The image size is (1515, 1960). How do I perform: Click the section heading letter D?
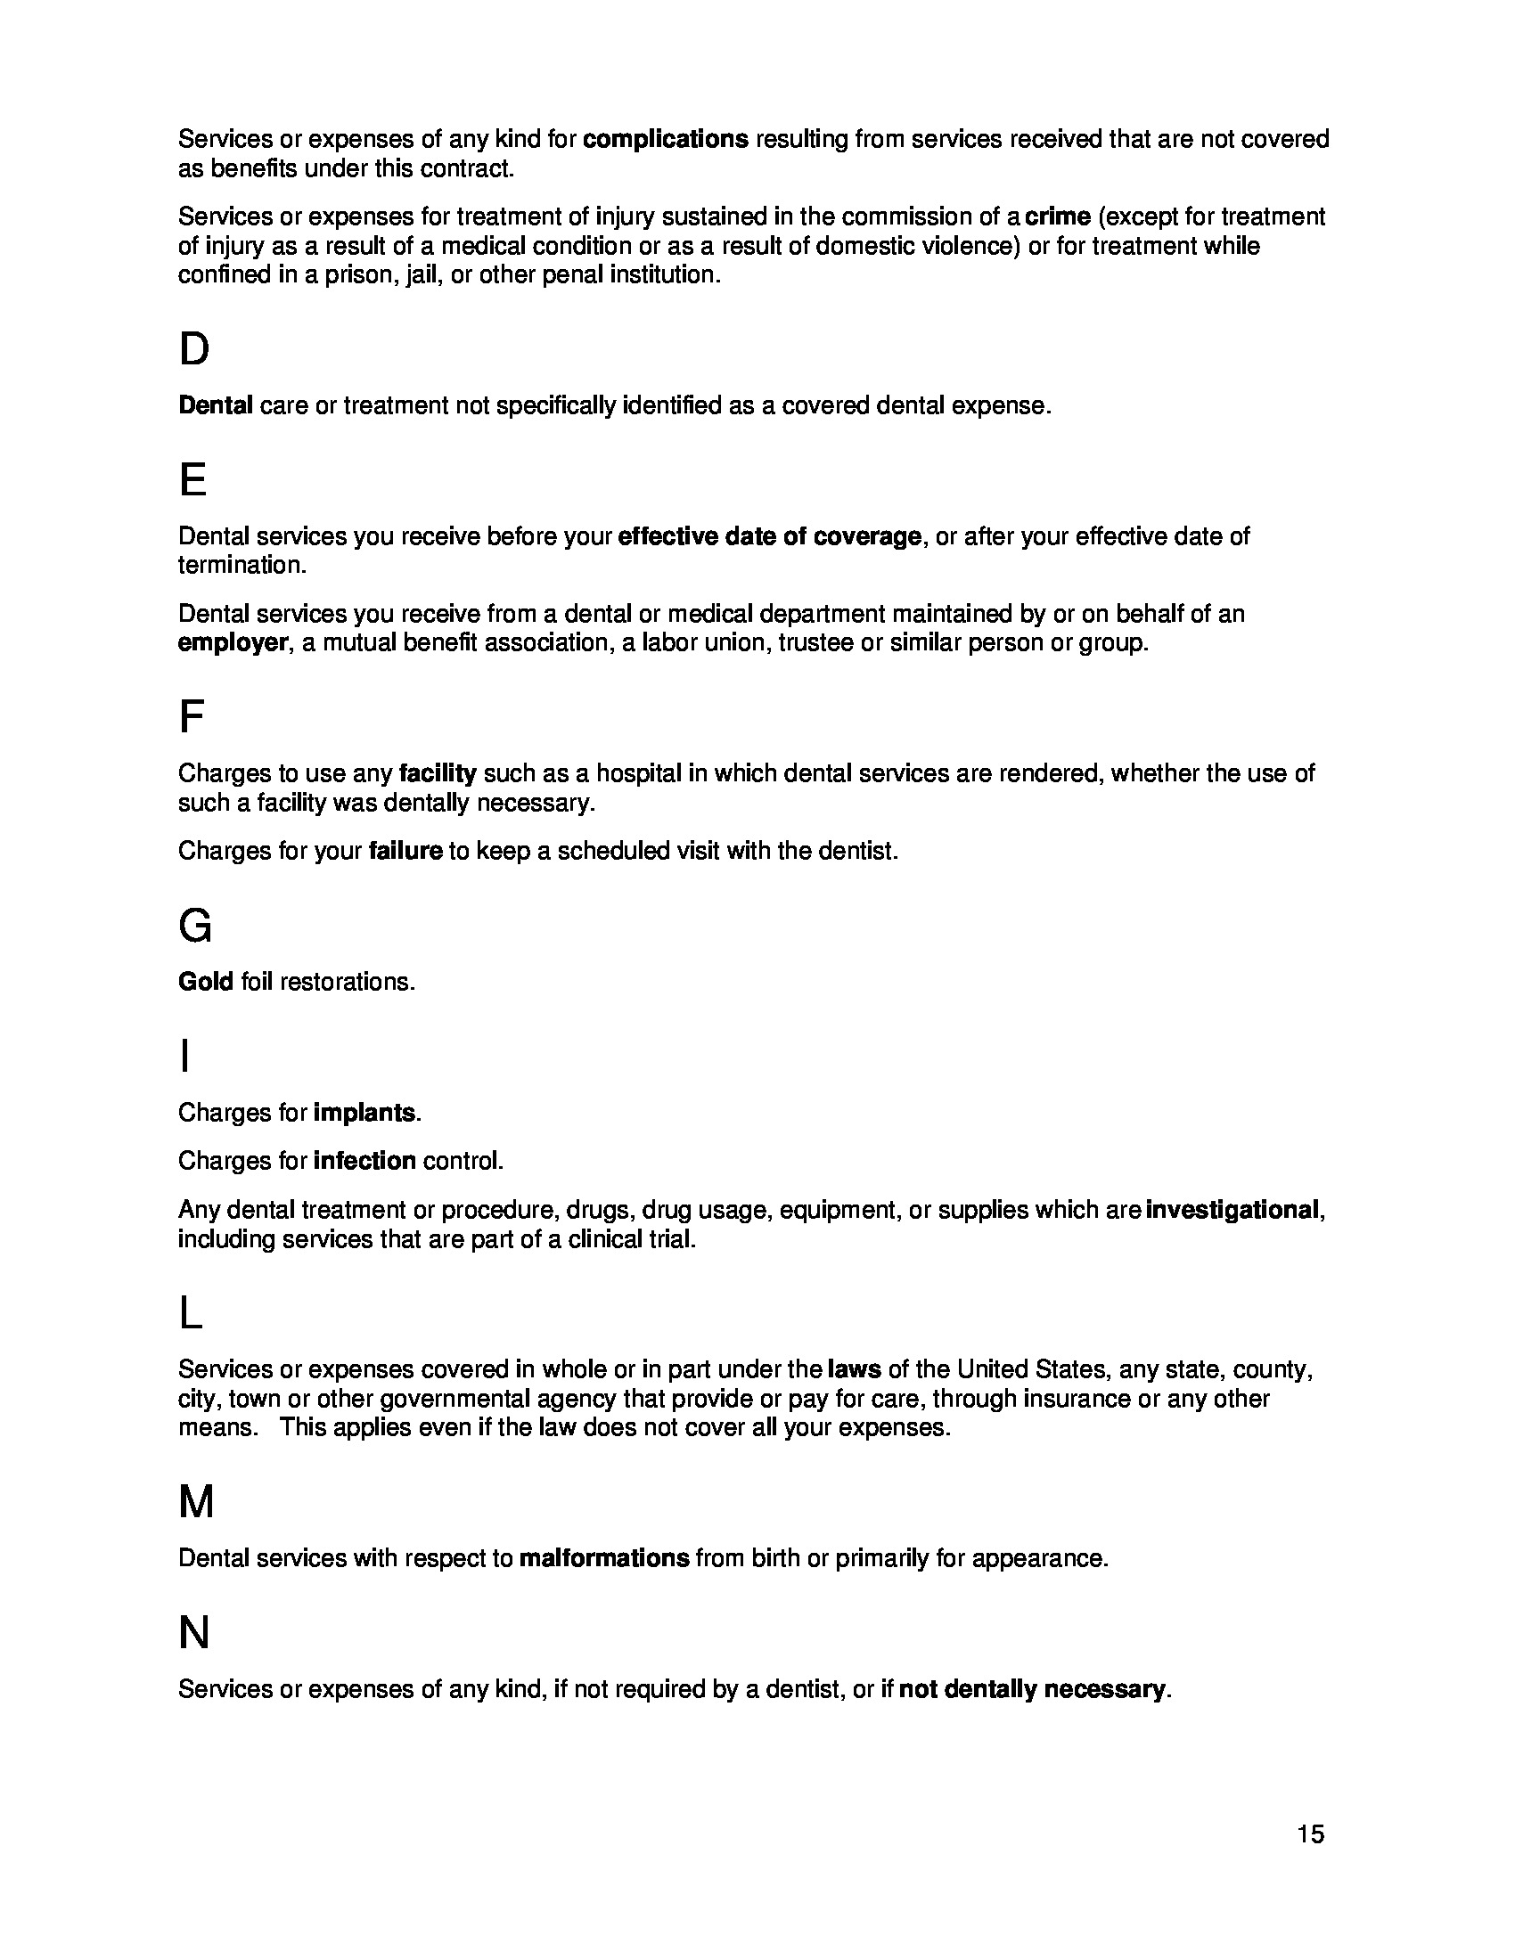point(194,349)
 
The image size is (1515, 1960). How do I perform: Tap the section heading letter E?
point(193,480)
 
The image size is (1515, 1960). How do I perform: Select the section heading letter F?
point(192,717)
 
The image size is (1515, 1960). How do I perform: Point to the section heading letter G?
point(196,926)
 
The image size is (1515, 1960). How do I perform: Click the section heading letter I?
point(184,1057)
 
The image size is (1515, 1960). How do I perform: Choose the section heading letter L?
point(192,1315)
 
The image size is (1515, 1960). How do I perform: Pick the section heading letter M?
point(197,1502)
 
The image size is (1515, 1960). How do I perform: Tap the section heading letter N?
point(194,1633)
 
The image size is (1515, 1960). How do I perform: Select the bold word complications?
point(665,139)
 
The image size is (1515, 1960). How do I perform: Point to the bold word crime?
point(1057,216)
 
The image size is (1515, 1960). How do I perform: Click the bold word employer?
point(233,642)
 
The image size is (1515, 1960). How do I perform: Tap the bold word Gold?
point(206,982)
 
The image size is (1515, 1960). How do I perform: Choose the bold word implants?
point(364,1113)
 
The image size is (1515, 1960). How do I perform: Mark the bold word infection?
point(364,1160)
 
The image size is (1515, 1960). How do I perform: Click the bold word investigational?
point(1232,1210)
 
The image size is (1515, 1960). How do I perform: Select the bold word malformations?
point(604,1558)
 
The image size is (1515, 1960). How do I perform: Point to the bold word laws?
point(854,1369)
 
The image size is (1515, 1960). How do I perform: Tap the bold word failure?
point(405,850)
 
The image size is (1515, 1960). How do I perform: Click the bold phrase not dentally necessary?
point(1031,1689)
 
